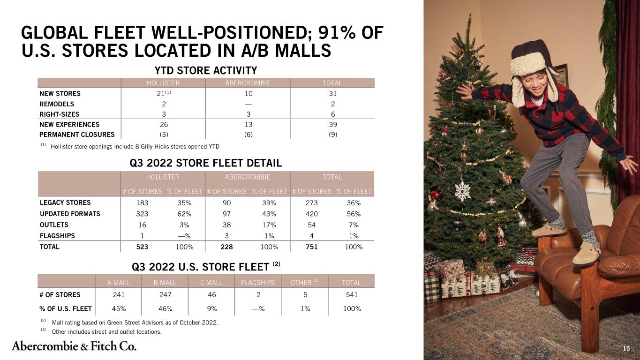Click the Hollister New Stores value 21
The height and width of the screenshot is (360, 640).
click(x=160, y=94)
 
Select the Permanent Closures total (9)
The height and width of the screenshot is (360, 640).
click(x=333, y=135)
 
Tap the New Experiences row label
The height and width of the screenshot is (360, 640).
click(x=69, y=125)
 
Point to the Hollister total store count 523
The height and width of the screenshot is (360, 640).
click(x=142, y=247)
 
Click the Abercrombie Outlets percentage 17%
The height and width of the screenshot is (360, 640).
click(x=269, y=225)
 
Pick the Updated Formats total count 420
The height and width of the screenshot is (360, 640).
click(x=311, y=214)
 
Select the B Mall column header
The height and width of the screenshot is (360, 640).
click(x=165, y=283)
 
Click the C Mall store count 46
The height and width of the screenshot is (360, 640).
click(x=212, y=295)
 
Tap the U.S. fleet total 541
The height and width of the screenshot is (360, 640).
click(x=352, y=295)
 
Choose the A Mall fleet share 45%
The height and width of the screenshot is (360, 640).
click(x=119, y=309)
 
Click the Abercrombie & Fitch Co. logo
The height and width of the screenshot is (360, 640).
click(x=74, y=346)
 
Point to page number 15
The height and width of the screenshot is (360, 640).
click(x=626, y=348)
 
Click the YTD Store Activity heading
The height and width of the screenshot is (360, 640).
click(x=206, y=70)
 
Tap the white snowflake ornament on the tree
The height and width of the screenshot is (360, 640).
click(x=463, y=191)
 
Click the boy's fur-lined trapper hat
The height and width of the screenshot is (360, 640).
click(x=532, y=68)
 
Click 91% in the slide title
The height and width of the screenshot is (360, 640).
click(x=337, y=32)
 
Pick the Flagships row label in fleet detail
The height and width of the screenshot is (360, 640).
click(x=57, y=236)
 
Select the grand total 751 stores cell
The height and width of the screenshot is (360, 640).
click(x=311, y=247)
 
